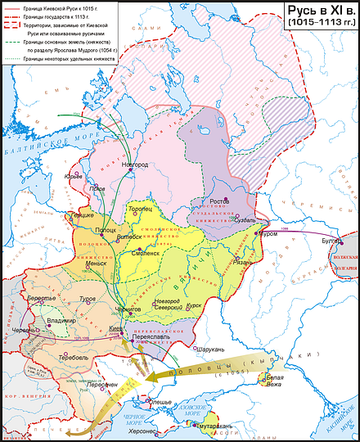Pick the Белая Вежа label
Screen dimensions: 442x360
point(273,381)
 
